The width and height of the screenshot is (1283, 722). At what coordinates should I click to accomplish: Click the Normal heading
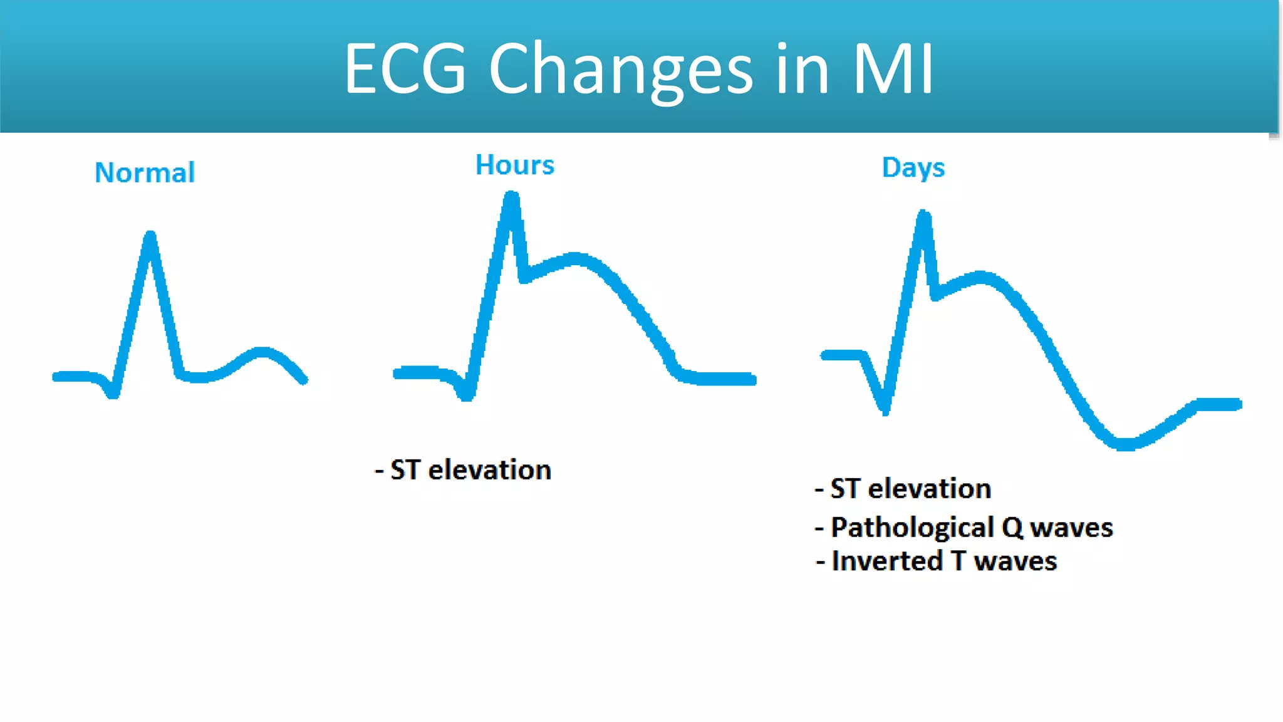point(145,172)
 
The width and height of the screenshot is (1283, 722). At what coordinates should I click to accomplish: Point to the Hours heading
point(515,165)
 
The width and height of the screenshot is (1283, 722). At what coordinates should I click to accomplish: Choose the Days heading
point(913,168)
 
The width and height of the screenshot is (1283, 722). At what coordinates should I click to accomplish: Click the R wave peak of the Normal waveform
point(150,237)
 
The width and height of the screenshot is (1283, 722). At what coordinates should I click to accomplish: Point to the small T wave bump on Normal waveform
point(262,353)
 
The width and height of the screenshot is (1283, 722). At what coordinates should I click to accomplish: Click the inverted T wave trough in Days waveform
point(1125,444)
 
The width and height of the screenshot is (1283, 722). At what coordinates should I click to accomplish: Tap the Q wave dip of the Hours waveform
point(467,395)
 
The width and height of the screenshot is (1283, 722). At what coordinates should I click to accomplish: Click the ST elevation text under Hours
point(470,470)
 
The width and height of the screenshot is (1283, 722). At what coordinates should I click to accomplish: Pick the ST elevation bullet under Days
point(910,489)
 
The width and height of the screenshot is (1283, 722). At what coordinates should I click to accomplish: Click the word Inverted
point(886,561)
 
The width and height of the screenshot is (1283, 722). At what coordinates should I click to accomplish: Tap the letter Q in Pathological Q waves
point(1012,528)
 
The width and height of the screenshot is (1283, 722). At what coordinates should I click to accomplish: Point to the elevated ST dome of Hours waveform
point(575,258)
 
